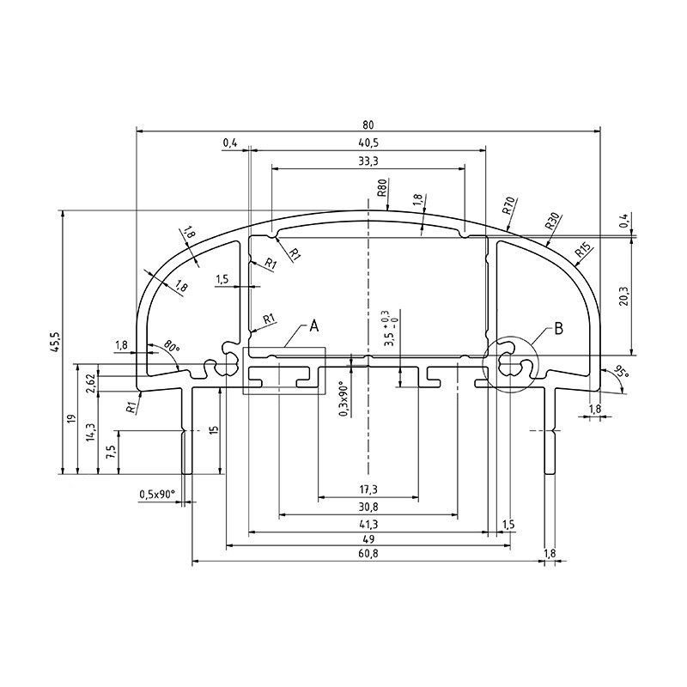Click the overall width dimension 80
tap(368, 125)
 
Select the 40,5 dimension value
tap(368, 143)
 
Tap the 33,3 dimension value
tap(368, 161)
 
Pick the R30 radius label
tap(551, 222)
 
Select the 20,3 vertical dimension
tap(624, 296)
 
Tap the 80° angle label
tap(172, 346)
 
